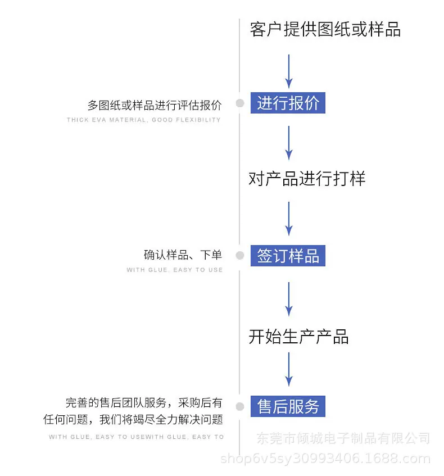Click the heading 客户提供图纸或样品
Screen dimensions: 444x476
click(325, 29)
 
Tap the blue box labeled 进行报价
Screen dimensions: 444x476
click(288, 103)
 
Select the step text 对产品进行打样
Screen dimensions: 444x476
click(307, 178)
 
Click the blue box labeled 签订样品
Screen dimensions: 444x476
click(288, 256)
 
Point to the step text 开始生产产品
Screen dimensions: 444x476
click(298, 337)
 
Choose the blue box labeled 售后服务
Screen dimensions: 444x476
click(288, 406)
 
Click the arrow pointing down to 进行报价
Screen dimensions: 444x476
click(289, 71)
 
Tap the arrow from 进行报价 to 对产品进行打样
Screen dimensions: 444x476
click(289, 143)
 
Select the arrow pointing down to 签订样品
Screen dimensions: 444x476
click(289, 219)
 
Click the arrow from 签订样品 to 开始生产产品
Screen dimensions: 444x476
click(289, 299)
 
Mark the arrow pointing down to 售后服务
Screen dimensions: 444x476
click(289, 369)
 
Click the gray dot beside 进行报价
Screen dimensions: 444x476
click(240, 103)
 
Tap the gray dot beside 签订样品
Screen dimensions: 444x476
click(240, 255)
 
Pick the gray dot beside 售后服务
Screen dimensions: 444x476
click(240, 406)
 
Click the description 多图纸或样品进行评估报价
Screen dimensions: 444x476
click(155, 105)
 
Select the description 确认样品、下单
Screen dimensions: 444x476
click(183, 255)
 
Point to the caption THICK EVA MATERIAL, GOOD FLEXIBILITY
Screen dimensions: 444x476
click(144, 120)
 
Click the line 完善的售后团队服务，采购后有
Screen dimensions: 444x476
click(144, 402)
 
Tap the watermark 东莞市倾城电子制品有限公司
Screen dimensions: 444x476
click(343, 438)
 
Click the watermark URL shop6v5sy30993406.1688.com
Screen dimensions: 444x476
click(325, 459)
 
